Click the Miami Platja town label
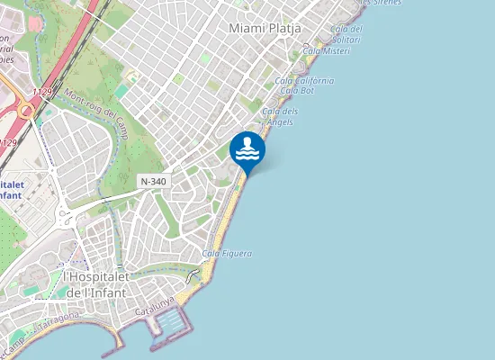point(265,29)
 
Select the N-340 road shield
point(153,182)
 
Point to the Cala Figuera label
point(227,254)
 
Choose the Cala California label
point(305,81)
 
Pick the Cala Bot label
point(297,91)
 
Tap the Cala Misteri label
point(326,51)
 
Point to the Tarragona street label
point(59,322)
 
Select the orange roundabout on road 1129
point(26,110)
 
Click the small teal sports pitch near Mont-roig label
point(121,91)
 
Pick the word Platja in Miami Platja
point(283,29)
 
